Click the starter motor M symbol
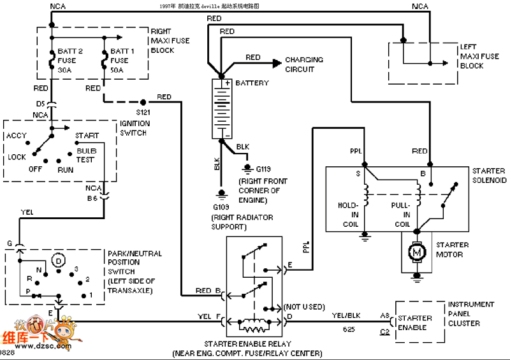coord(418,253)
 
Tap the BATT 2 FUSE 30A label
coord(67,61)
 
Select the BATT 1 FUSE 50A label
coord(124,61)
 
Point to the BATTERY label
coord(252,83)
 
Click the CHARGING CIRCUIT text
coord(304,64)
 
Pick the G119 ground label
coord(263,169)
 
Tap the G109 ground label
coord(222,208)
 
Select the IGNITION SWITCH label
coord(135,128)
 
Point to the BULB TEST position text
coord(85,155)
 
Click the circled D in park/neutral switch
coord(59,261)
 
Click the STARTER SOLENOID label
coord(490,176)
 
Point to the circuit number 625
coord(347,330)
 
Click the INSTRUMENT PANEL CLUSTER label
coord(471,314)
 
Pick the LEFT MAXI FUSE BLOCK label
coord(479,56)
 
